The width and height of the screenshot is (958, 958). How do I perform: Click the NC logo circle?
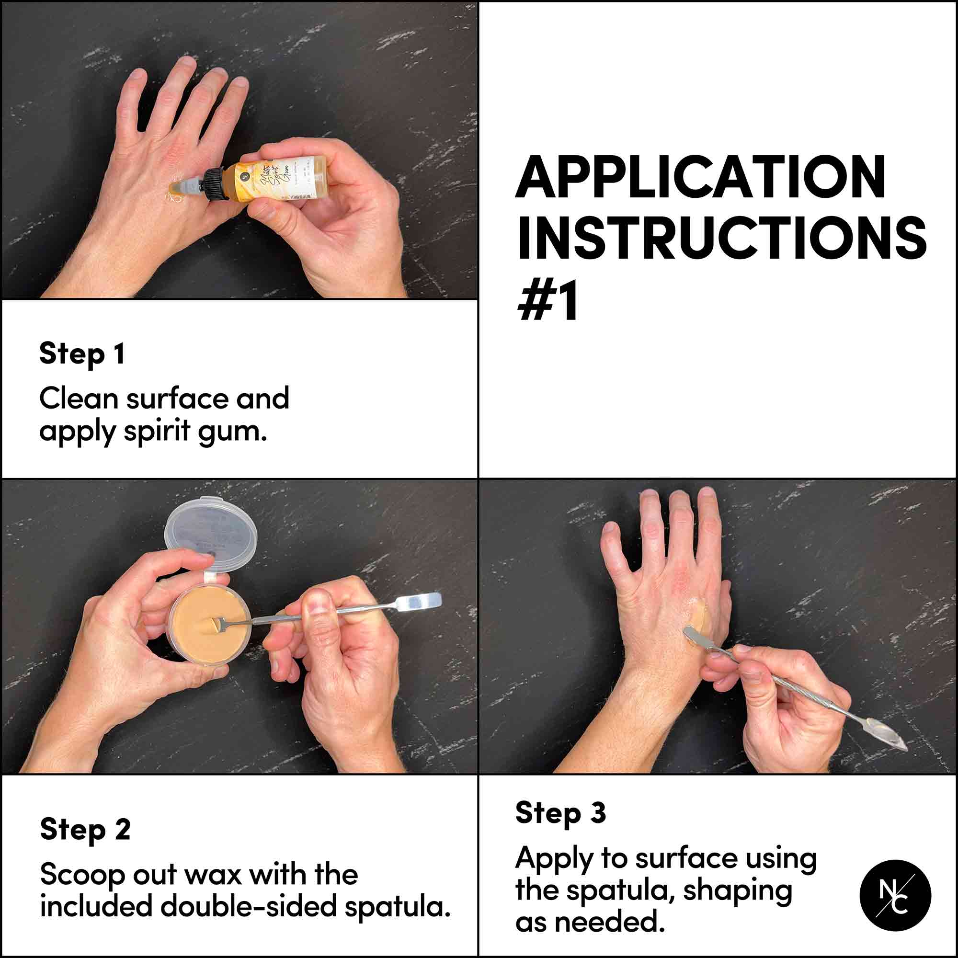[x=895, y=896]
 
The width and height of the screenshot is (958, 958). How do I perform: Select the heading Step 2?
[x=85, y=829]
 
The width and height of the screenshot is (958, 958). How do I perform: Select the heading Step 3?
[x=560, y=813]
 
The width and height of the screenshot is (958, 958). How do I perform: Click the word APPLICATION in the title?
[x=700, y=178]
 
